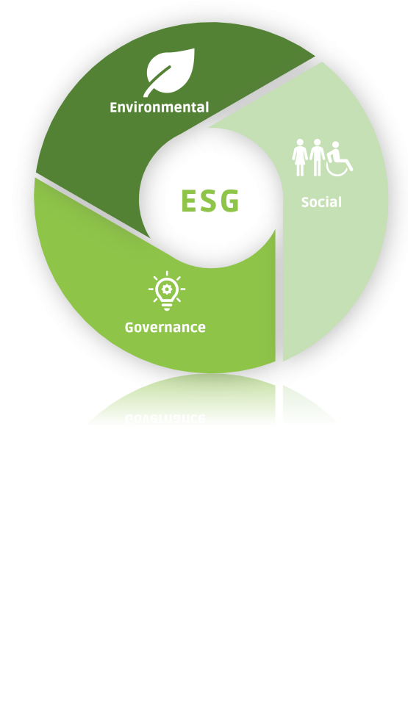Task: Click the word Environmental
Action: click(159, 107)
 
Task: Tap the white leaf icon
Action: click(170, 71)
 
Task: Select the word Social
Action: click(321, 202)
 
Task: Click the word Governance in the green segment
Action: click(165, 327)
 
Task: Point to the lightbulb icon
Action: click(167, 291)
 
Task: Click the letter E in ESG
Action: click(189, 201)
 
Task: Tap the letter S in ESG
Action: click(210, 201)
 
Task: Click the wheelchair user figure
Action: click(339, 159)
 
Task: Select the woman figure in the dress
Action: click(300, 157)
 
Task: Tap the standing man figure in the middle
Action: click(317, 157)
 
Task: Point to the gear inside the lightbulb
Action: click(167, 289)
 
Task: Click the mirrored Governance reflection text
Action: click(165, 418)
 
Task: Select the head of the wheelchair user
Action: click(335, 145)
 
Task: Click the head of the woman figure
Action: click(300, 142)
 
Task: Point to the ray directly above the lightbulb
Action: click(167, 274)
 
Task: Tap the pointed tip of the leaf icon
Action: click(194, 48)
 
